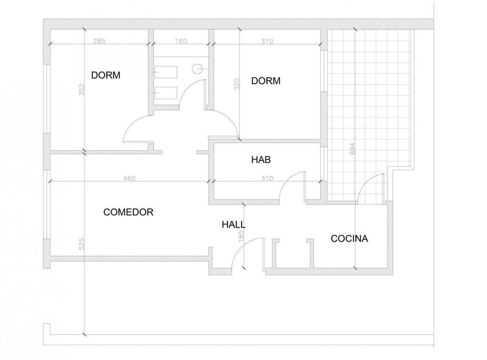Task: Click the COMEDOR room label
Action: pyautogui.click(x=128, y=212)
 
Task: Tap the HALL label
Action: pyautogui.click(x=234, y=225)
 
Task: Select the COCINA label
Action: pyautogui.click(x=349, y=239)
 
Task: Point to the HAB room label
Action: pyautogui.click(x=261, y=159)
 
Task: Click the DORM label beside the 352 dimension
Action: pyautogui.click(x=106, y=75)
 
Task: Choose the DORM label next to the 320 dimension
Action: pyautogui.click(x=266, y=81)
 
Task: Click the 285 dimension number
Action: pyautogui.click(x=99, y=41)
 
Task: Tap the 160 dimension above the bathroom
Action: pyautogui.click(x=181, y=41)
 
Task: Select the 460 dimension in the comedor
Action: pyautogui.click(x=129, y=178)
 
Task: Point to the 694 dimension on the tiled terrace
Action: pyautogui.click(x=352, y=149)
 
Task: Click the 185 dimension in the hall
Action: pyautogui.click(x=241, y=236)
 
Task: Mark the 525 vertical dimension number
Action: pyautogui.click(x=81, y=244)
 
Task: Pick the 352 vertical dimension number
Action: pyautogui.click(x=81, y=89)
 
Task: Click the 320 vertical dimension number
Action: pyautogui.click(x=236, y=84)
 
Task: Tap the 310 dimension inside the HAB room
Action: pyautogui.click(x=267, y=178)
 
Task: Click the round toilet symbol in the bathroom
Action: pyautogui.click(x=197, y=69)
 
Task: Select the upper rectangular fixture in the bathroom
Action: pyautogui.click(x=166, y=72)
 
